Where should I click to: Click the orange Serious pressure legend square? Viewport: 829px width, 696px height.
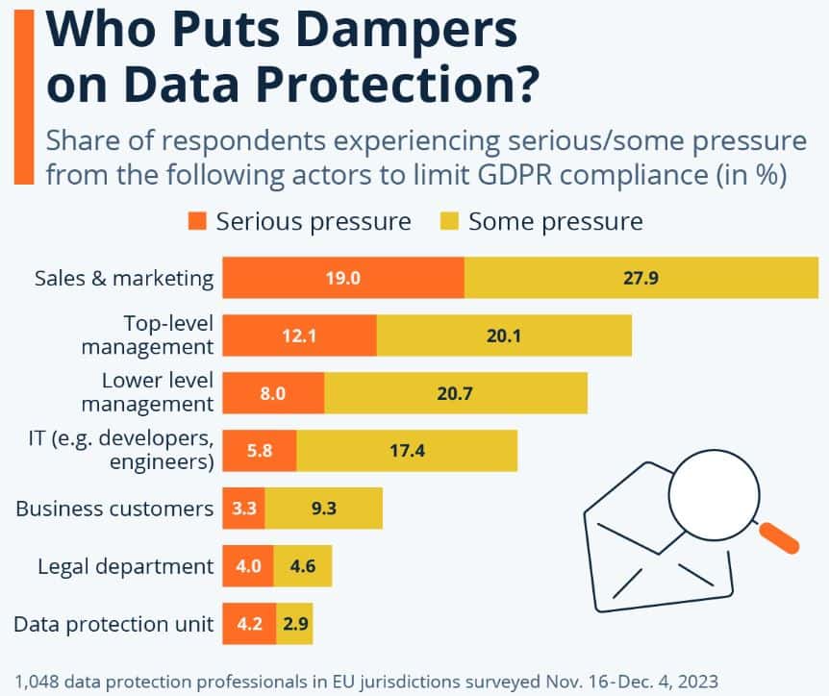[197, 221]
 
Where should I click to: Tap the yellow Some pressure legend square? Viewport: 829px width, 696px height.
[449, 221]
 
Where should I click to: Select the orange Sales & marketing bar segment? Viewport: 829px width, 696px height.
[343, 279]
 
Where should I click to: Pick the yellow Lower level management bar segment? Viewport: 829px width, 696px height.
[456, 393]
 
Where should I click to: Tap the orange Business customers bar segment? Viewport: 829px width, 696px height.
[243, 509]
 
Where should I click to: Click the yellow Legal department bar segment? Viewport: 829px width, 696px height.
[303, 566]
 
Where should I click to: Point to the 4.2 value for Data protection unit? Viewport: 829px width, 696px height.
[248, 624]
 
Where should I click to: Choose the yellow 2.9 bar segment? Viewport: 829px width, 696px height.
[294, 624]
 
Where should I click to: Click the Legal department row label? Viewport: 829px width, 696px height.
[125, 566]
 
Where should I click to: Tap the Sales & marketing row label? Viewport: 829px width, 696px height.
[123, 279]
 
